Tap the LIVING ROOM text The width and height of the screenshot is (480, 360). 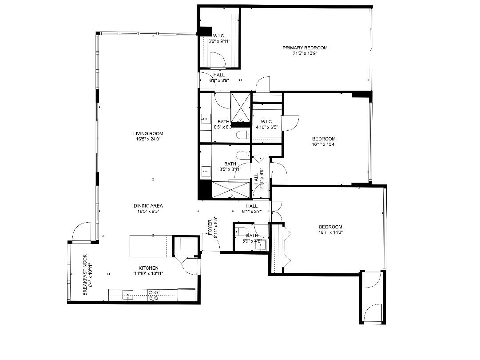coord(148,133)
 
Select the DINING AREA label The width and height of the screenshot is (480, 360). coord(148,206)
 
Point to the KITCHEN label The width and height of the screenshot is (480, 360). coord(148,268)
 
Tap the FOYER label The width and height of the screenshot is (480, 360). coord(210,228)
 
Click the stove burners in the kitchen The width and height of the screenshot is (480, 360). coord(153,296)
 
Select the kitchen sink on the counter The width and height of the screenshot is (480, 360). coord(129,295)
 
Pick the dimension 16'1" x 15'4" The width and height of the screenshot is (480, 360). coord(324,144)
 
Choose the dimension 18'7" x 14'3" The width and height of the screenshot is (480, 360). coord(330,232)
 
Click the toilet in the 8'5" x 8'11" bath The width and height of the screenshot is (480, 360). coord(242,155)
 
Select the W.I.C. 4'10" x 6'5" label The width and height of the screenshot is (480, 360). coord(266,124)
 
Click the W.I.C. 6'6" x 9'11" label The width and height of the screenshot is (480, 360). coord(219,38)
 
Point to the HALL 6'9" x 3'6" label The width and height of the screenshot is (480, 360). coord(219,77)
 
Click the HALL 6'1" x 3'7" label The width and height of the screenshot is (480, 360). coord(252,208)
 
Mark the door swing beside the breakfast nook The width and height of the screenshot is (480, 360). coord(81,232)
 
